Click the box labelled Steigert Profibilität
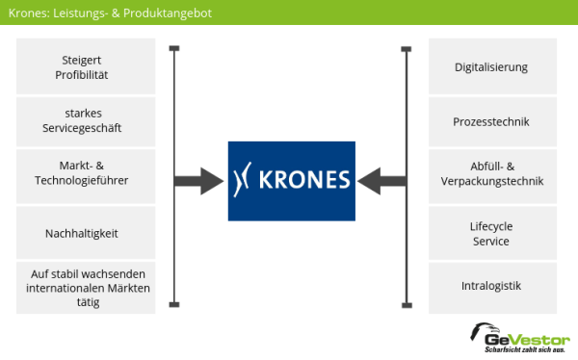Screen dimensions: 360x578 click(x=85, y=66)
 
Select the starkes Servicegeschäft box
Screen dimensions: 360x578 click(x=85, y=120)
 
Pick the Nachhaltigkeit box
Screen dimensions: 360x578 click(x=85, y=232)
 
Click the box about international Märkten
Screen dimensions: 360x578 click(x=85, y=287)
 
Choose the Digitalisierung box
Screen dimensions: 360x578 click(x=492, y=66)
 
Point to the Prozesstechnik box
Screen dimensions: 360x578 click(x=492, y=121)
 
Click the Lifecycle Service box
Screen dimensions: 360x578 click(x=492, y=232)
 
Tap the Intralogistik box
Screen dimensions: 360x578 click(x=492, y=286)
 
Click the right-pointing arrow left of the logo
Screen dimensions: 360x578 click(x=197, y=178)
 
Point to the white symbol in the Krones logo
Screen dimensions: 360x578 click(x=245, y=179)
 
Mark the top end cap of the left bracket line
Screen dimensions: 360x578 click(x=174, y=48)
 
